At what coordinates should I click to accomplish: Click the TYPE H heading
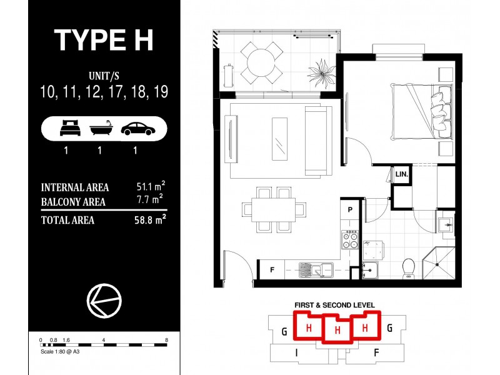tap(103, 39)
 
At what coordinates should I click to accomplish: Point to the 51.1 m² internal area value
tap(150, 187)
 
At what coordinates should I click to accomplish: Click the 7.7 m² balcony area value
tap(150, 201)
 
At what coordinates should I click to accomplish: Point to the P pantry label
tap(351, 210)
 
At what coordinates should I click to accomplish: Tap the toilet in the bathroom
tap(409, 267)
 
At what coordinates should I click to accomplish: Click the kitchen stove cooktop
tap(350, 240)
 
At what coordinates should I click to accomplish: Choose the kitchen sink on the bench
tap(316, 270)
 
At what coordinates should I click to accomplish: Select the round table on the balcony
tap(262, 61)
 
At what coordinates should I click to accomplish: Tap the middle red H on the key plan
tap(337, 329)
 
